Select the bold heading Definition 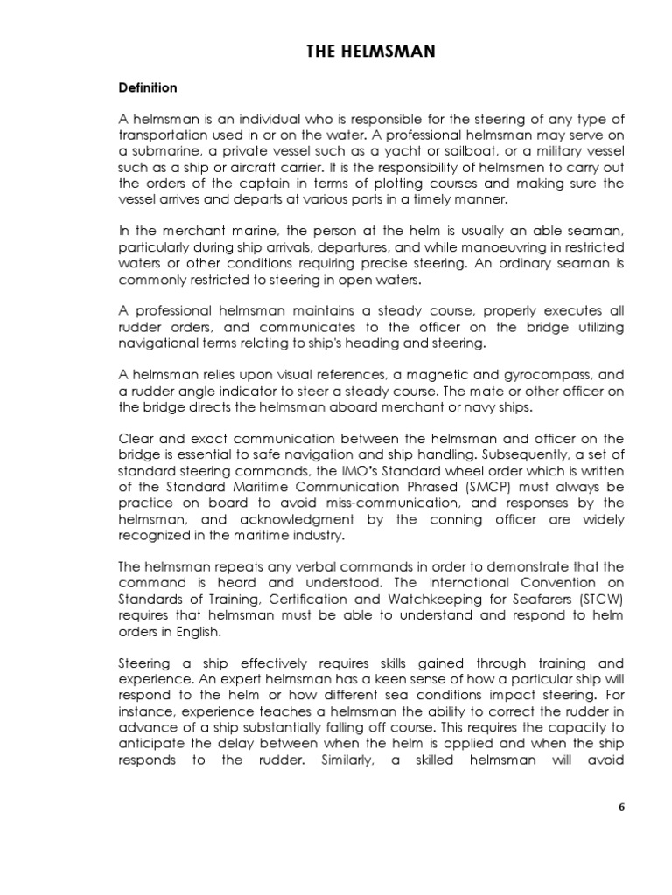click(x=148, y=88)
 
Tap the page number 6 click(x=622, y=807)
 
